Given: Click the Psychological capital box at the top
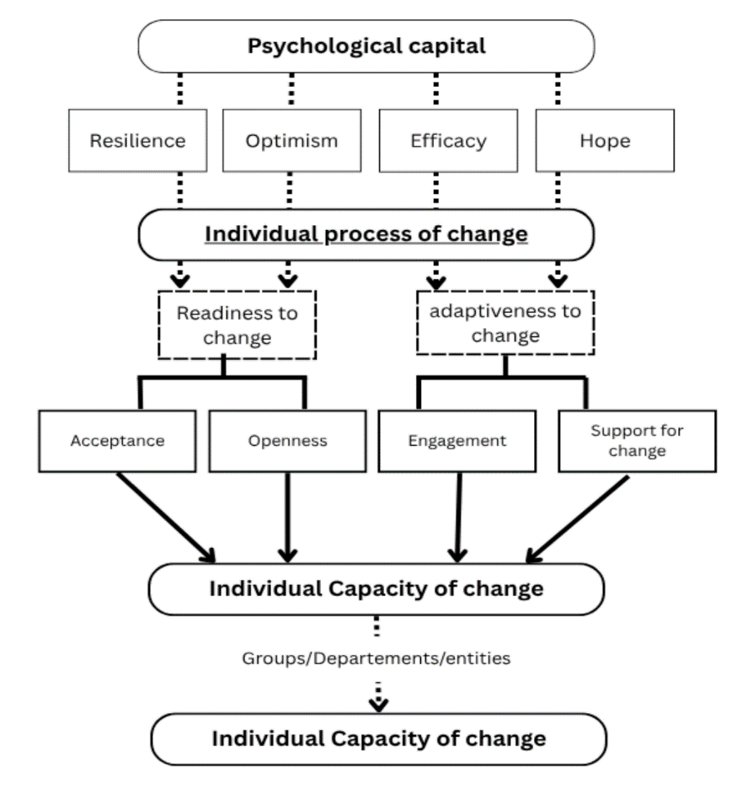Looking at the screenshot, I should (366, 46).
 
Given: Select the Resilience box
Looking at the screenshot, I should (137, 140).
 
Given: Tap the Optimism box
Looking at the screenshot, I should (291, 140).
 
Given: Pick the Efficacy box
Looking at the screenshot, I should (447, 140).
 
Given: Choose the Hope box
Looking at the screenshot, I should (604, 140).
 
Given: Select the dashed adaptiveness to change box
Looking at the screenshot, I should (505, 323).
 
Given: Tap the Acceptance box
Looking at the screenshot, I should (117, 440).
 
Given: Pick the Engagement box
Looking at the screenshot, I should (457, 440).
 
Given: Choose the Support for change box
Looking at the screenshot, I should (636, 440).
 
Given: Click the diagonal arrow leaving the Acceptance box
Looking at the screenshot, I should (165, 516).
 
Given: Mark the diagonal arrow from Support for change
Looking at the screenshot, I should (579, 516).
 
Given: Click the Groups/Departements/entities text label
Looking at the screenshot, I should (375, 658).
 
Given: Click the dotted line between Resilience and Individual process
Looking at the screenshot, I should (179, 190).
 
